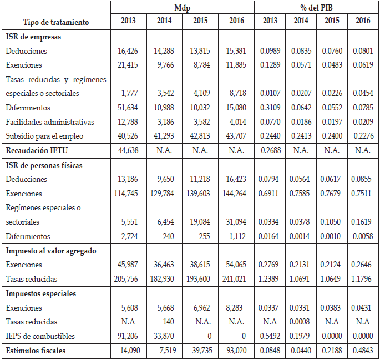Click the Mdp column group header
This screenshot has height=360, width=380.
pos(182,7)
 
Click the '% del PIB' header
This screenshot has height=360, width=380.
pos(317,7)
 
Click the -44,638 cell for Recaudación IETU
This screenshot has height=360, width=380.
pos(128,150)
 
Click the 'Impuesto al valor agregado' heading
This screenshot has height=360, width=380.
pos(51,251)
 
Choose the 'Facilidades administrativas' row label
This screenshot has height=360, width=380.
pos(50,122)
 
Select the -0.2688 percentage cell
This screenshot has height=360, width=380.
pos(270,150)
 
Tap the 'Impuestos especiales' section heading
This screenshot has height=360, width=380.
pos(41,293)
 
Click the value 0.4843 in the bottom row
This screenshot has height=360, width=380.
pos(363,351)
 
